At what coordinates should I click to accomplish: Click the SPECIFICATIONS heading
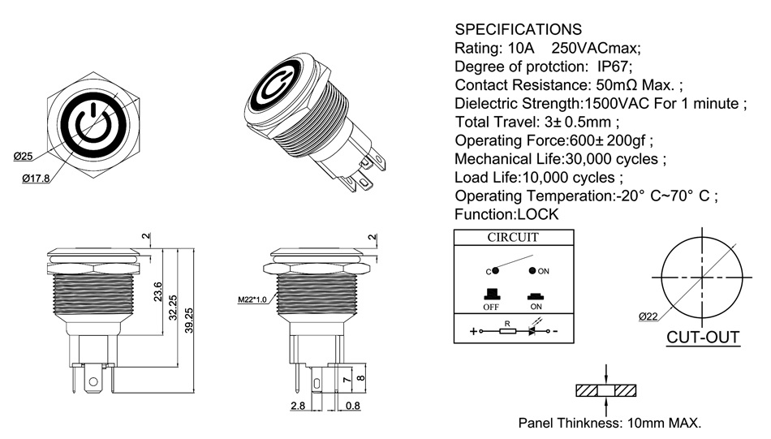(x=518, y=29)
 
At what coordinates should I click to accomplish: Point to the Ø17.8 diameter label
(x=34, y=179)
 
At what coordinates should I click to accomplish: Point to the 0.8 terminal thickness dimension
(x=353, y=404)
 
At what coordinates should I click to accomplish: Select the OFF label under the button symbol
(x=490, y=308)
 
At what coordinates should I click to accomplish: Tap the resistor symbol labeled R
(x=507, y=331)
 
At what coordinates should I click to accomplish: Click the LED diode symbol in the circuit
(x=534, y=331)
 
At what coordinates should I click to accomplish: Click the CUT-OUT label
(x=703, y=337)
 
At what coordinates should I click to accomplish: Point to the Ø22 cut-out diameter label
(x=648, y=316)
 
